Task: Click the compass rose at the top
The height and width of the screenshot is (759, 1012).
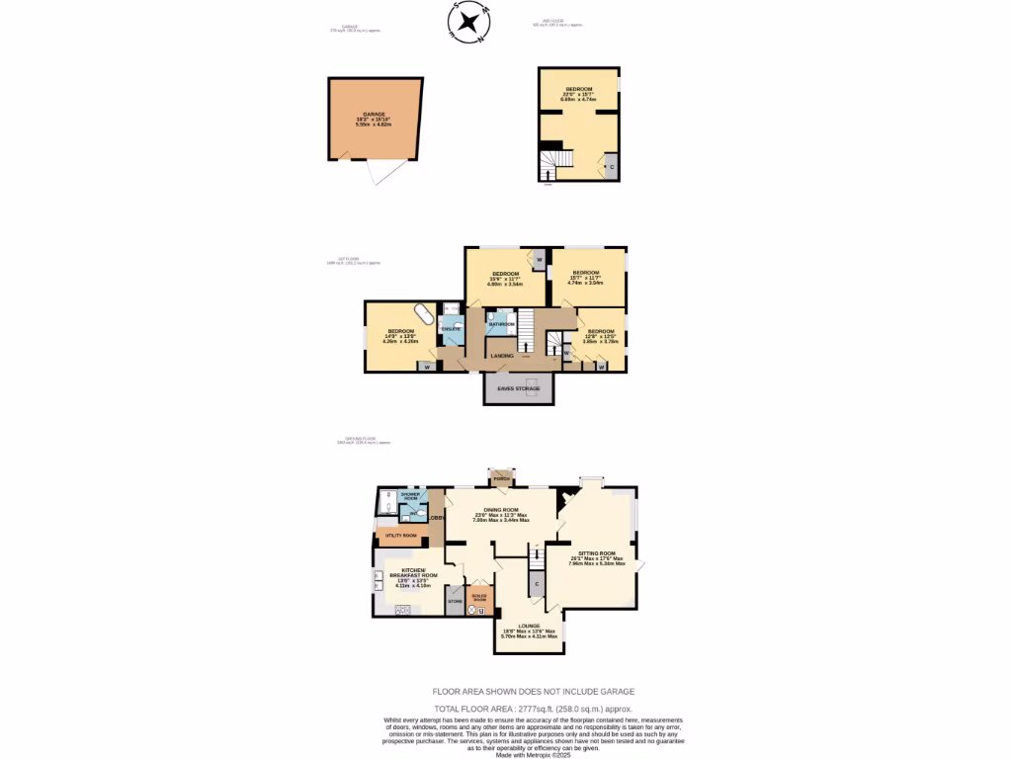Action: pyautogui.click(x=470, y=23)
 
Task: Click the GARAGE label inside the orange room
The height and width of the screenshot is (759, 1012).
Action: pyautogui.click(x=374, y=115)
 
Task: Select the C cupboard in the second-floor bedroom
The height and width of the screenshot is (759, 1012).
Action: pyautogui.click(x=612, y=167)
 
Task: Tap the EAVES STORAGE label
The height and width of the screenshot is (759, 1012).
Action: pyautogui.click(x=518, y=389)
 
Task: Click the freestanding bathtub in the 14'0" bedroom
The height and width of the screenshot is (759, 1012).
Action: pyautogui.click(x=423, y=315)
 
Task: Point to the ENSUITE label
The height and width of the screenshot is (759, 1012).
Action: pyautogui.click(x=450, y=328)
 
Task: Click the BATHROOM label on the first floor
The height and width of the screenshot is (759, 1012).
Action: pyautogui.click(x=501, y=324)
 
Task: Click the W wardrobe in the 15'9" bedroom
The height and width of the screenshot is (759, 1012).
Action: pyautogui.click(x=539, y=260)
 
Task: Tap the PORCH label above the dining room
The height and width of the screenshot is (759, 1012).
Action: pyautogui.click(x=501, y=478)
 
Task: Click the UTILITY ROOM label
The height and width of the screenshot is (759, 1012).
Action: pyautogui.click(x=401, y=536)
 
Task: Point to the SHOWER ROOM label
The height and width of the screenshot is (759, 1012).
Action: pyautogui.click(x=410, y=495)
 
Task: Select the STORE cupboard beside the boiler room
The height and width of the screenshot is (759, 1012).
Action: pyautogui.click(x=455, y=601)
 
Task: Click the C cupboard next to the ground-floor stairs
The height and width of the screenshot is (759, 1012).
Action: pyautogui.click(x=537, y=584)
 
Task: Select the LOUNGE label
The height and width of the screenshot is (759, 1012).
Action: pyautogui.click(x=529, y=626)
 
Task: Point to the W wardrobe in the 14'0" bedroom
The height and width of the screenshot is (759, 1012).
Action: pyautogui.click(x=427, y=367)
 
